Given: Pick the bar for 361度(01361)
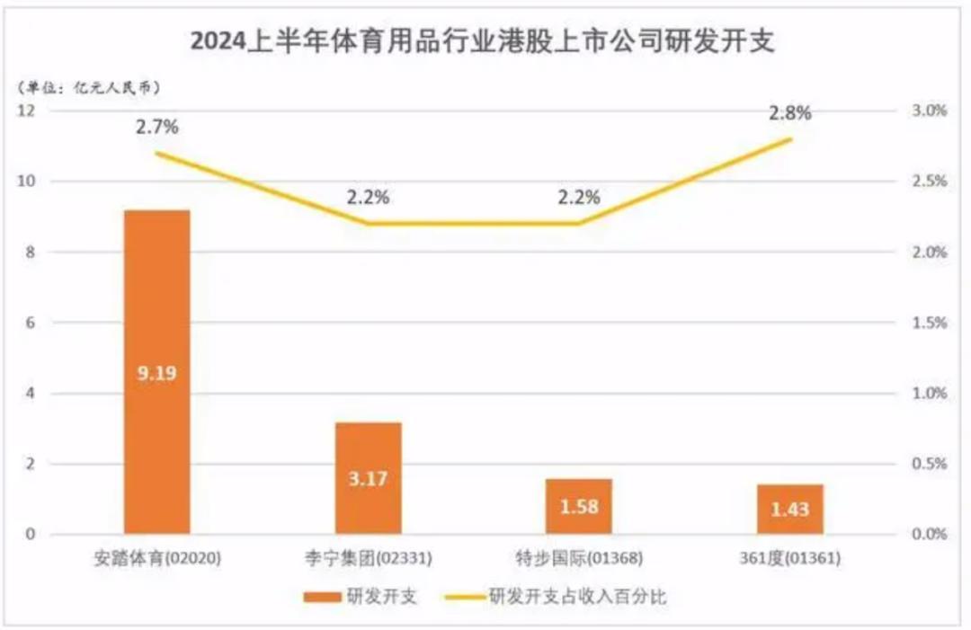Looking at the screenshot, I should (x=789, y=509).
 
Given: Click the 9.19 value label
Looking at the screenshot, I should (x=157, y=372).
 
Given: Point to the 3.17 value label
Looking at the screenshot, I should (x=368, y=479).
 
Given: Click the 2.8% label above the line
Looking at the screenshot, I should (x=790, y=113).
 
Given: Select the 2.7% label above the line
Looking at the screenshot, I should (x=157, y=127).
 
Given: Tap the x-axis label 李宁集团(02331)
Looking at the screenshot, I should (x=369, y=559).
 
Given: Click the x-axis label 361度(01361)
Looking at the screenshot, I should (x=790, y=559).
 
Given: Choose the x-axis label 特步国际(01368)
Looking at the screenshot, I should (x=578, y=559).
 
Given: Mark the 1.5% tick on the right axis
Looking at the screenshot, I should (x=925, y=323).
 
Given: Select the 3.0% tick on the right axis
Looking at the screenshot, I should (x=925, y=111).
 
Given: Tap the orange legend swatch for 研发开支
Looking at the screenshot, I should (x=319, y=597).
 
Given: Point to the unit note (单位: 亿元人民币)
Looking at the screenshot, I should (x=90, y=86).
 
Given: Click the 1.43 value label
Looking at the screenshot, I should (x=789, y=510).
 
